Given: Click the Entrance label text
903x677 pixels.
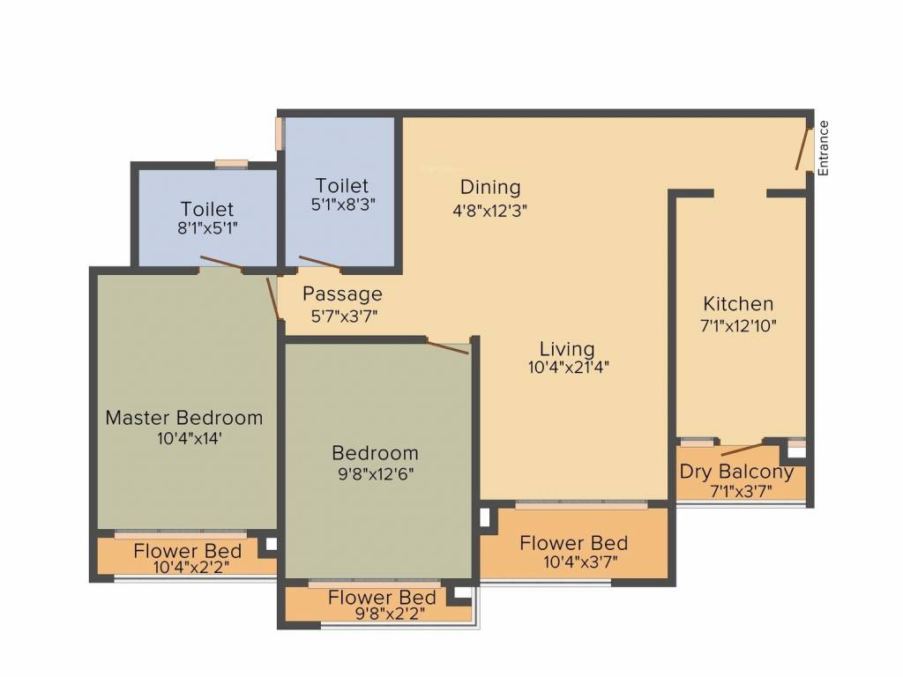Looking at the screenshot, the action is pos(824,148).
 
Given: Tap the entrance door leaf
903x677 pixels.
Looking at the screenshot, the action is pos(803,148).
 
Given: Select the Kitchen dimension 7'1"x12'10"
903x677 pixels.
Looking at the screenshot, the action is pos(738,326).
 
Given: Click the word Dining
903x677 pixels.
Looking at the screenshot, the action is pos(490,187).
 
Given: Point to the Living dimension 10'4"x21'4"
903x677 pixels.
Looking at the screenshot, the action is pos(569,367).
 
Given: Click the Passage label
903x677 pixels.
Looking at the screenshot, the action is pos(343,294).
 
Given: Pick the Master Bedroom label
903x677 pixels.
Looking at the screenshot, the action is pos(184,417).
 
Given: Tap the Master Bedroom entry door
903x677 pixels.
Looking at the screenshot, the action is pos(273,299).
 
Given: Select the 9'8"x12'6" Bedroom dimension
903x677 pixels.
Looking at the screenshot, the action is pos(376,474).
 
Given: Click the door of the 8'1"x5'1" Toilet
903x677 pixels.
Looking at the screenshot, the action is pos(220,263).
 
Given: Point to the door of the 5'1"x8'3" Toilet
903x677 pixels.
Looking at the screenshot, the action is pos(320,262).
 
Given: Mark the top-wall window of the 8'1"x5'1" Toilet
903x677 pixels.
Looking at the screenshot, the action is pos(232,164).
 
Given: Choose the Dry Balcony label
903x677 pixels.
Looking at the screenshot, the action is pos(736,472).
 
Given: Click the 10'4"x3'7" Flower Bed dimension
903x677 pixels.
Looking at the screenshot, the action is pos(580,562).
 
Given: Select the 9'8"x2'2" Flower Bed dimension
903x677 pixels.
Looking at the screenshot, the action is pos(391,614).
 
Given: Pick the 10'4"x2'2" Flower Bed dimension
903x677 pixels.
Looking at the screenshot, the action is pos(191,567).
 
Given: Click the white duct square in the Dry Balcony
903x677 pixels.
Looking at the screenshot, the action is pos(796,452).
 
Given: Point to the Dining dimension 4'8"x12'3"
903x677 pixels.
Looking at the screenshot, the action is pos(490,211).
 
